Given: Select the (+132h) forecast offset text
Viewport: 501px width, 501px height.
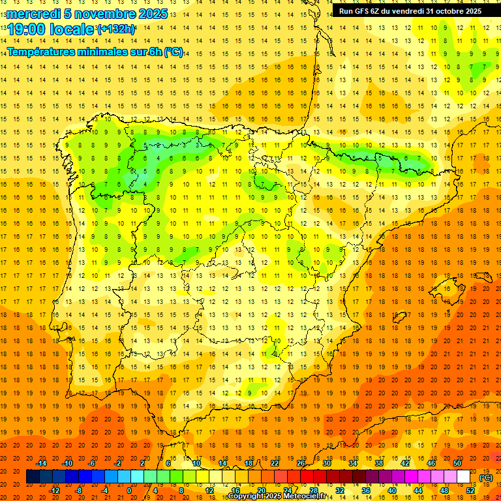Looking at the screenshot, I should click(x=116, y=29).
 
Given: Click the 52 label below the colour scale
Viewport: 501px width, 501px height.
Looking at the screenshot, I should click(x=470, y=491).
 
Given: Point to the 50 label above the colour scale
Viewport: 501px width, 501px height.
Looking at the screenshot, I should click(x=457, y=463).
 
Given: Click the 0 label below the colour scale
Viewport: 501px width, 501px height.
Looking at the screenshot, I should click(x=129, y=491).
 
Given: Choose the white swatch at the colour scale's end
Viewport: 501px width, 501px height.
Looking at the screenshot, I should click(x=463, y=477).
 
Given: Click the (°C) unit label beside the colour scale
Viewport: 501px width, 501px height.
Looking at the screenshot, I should click(x=486, y=478).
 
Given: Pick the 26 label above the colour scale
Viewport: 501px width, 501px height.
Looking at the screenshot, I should click(x=301, y=463).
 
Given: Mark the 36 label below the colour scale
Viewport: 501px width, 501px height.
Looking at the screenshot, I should click(x=366, y=491).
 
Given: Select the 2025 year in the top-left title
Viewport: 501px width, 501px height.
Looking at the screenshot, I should click(x=149, y=14).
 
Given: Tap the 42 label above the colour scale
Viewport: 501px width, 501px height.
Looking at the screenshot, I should click(x=405, y=463).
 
